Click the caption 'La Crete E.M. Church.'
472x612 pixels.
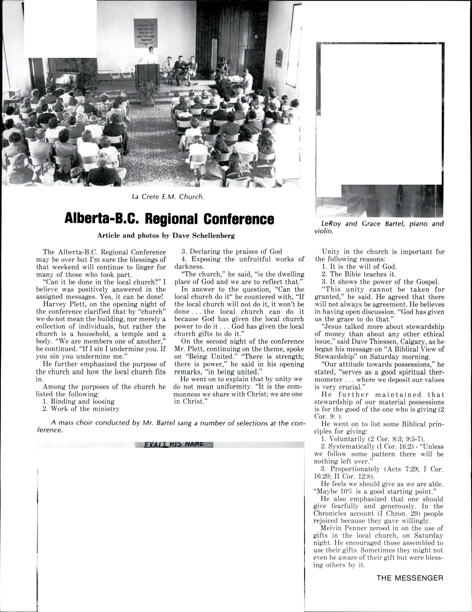tap(168, 197)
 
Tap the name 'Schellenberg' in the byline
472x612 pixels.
tap(213, 236)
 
